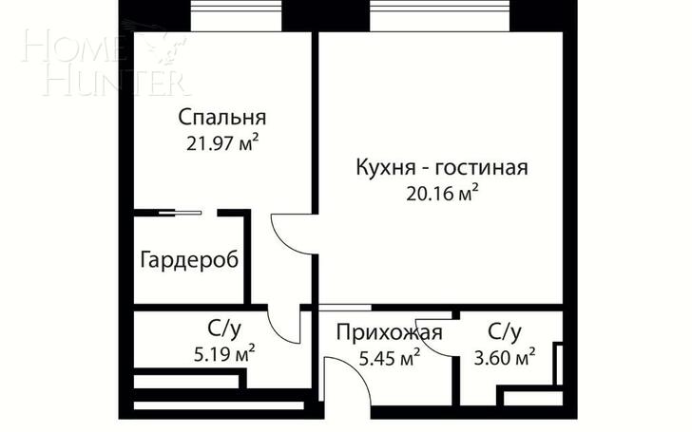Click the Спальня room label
222,118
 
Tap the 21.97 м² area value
222,143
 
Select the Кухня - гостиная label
442,168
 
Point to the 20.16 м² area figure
442,194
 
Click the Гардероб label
189,259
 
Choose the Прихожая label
389,332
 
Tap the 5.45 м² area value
389,358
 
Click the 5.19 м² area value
224,353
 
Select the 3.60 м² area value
505,357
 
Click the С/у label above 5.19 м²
224,329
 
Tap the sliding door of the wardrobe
180,213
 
